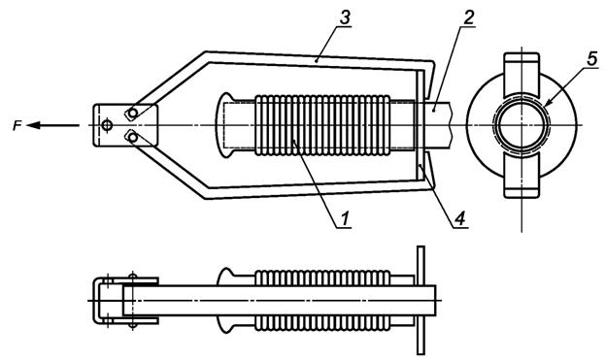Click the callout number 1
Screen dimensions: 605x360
click(x=344, y=218)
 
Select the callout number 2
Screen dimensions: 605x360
click(x=468, y=16)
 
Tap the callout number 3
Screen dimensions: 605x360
click(x=344, y=17)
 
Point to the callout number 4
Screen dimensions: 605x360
click(x=459, y=218)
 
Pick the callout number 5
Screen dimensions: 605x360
click(x=591, y=58)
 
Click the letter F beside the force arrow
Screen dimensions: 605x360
click(x=17, y=125)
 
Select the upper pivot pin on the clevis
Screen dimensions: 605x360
click(x=133, y=114)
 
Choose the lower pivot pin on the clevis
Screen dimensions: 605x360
click(x=133, y=137)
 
